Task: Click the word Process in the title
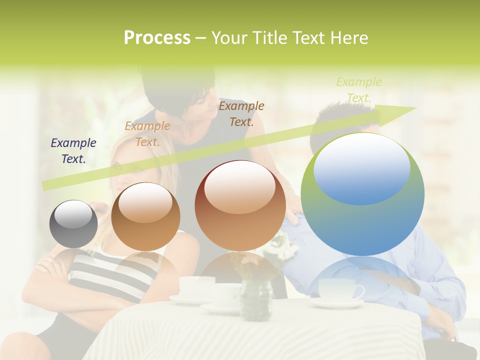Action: point(157,38)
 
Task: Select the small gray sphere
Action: point(73,224)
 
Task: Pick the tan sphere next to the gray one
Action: point(145,216)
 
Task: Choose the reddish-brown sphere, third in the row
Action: point(240,206)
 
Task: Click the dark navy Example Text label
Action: point(73,150)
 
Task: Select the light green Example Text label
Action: point(358,89)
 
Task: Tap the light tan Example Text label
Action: point(147,133)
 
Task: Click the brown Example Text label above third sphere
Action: point(241,113)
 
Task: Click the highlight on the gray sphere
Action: point(73,214)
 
